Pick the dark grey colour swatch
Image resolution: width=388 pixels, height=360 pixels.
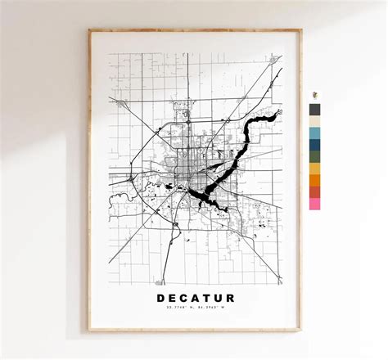pos(315,109)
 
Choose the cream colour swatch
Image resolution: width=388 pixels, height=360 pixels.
pos(315,120)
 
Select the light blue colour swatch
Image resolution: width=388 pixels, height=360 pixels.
pos(315,133)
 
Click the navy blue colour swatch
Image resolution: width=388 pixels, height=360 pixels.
pos(315,144)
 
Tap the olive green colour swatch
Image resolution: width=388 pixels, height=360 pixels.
pos(315,156)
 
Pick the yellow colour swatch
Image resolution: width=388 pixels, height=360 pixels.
pos(315,168)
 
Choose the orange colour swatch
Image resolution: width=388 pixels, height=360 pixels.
pos(315,180)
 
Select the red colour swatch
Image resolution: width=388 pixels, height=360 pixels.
pos(315,191)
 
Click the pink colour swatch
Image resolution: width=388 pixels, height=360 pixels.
pos(315,204)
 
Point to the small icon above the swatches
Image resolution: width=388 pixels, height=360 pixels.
pos(314,93)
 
